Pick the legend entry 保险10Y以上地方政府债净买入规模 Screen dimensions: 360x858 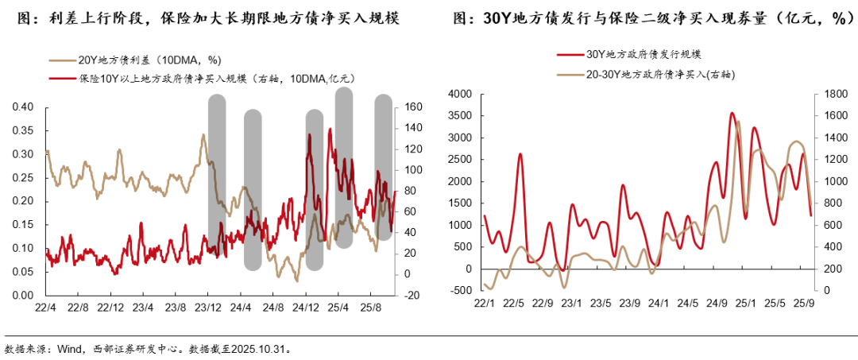tap(214, 78)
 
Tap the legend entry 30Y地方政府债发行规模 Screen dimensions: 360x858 tap(643, 54)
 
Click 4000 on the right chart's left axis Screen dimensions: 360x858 tap(460, 95)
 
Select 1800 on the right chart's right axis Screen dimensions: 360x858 tap(831, 95)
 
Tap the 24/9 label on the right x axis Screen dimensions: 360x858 tap(717, 303)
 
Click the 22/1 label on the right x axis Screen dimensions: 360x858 tap(485, 303)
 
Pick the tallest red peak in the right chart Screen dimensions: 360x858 tap(732, 114)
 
